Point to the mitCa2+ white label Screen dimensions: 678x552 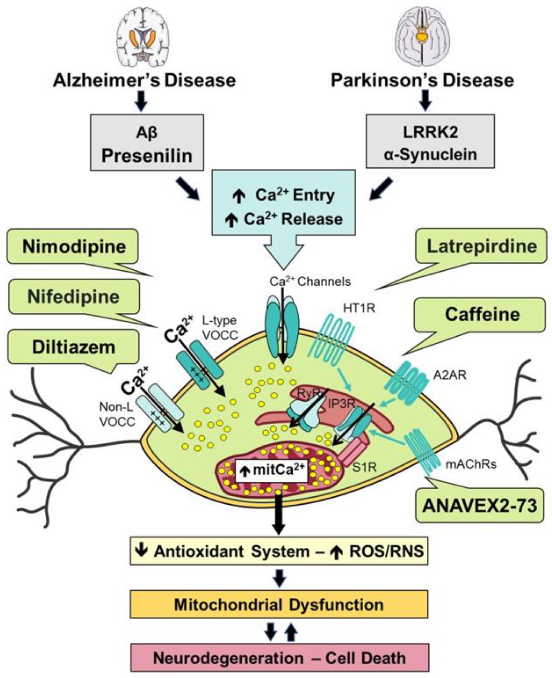(x=271, y=470)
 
